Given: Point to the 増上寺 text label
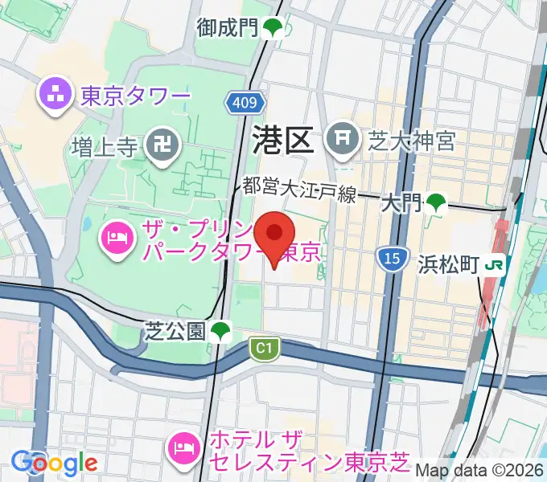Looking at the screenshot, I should pyautogui.click(x=107, y=146).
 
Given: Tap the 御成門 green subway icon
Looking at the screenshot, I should pyautogui.click(x=273, y=29).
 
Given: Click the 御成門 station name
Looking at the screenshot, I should pyautogui.click(x=228, y=28).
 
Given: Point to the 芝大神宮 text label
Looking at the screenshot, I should pyautogui.click(x=413, y=141).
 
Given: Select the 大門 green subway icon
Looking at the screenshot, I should pyautogui.click(x=437, y=203).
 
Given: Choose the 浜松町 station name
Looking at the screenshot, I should pyautogui.click(x=448, y=264).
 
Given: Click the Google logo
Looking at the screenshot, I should pyautogui.click(x=54, y=463).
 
